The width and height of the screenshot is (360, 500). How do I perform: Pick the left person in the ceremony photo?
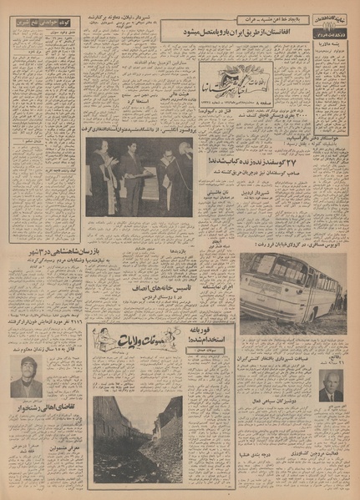[x=102, y=179]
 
